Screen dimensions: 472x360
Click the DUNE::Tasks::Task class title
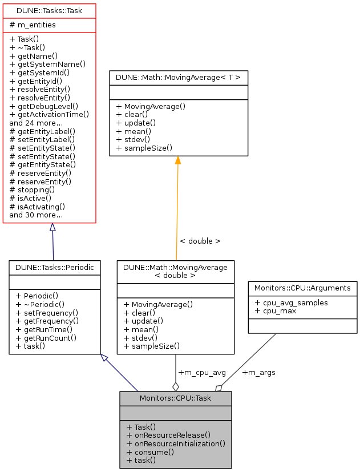click(x=49, y=11)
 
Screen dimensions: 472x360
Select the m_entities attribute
click(x=33, y=25)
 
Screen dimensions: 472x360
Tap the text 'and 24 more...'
click(x=36, y=123)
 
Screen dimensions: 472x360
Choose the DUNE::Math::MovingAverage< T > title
click(x=179, y=77)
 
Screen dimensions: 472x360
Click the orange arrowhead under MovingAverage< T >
click(x=178, y=160)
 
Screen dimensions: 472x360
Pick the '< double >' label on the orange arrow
click(x=200, y=241)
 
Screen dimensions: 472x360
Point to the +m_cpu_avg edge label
click(x=202, y=373)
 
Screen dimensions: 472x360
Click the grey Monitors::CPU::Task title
click(x=175, y=398)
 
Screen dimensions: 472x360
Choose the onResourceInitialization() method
click(x=176, y=443)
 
